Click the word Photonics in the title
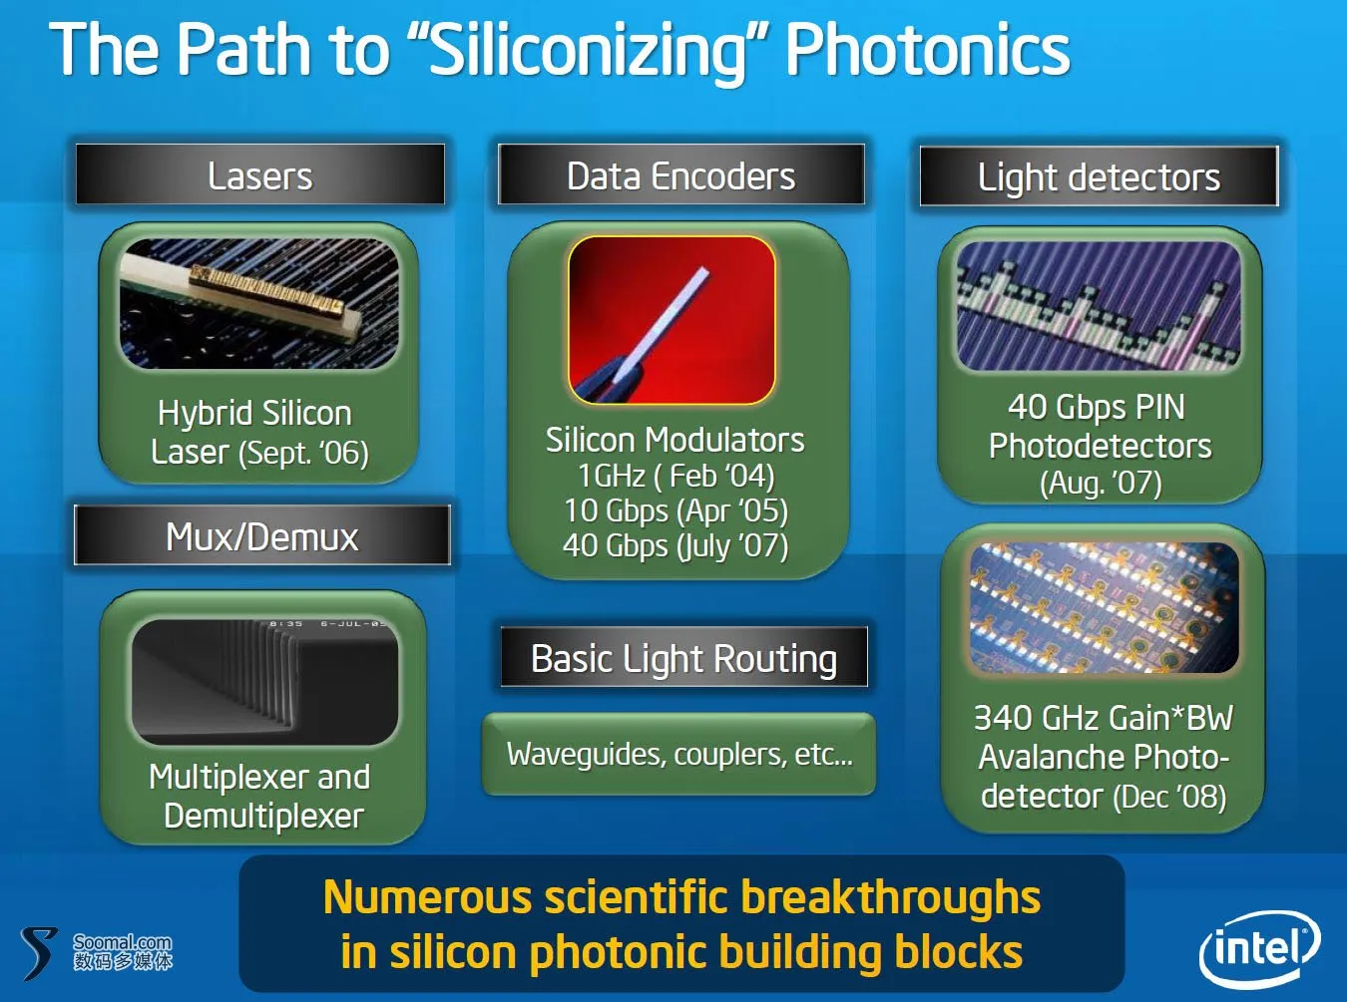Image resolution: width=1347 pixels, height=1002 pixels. [x=928, y=51]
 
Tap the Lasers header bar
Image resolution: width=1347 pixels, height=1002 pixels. [x=260, y=174]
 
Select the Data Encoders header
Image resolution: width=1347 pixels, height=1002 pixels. [x=680, y=174]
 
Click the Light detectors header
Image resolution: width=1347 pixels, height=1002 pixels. [x=1100, y=176]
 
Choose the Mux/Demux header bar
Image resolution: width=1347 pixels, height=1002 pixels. [x=262, y=534]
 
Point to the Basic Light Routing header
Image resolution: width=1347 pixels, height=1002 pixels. [x=684, y=657]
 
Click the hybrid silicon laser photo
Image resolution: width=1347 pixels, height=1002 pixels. [x=259, y=303]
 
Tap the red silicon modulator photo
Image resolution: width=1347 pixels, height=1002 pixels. [x=672, y=320]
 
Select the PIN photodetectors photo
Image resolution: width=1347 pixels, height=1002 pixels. [x=1099, y=306]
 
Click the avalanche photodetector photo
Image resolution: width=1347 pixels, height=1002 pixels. [x=1104, y=607]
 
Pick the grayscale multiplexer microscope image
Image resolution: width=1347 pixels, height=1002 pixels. [x=264, y=682]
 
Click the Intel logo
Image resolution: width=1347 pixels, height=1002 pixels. [x=1259, y=948]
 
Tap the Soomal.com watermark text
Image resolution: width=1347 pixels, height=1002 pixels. [x=123, y=942]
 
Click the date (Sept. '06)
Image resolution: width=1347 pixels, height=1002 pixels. [x=303, y=453]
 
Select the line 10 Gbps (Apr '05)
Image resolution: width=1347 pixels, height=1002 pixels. [x=675, y=510]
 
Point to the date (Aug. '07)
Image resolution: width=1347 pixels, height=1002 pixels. [x=1101, y=484]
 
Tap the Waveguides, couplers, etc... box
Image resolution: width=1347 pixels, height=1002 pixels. [x=678, y=754]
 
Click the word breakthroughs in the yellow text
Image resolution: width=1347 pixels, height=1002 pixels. [x=890, y=897]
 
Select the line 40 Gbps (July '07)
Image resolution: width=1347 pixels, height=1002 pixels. [x=675, y=545]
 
